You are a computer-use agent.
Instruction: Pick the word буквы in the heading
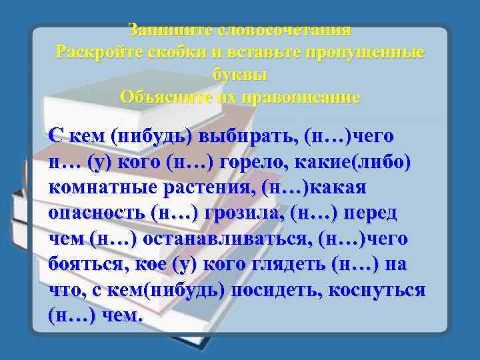[240, 74]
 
